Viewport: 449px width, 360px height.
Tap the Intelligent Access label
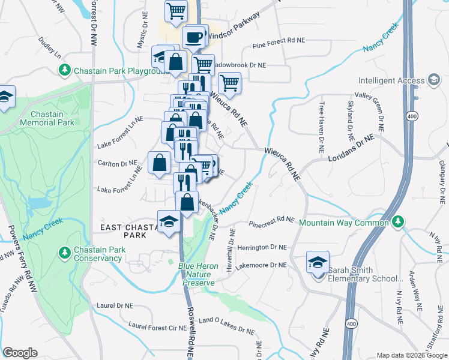(392, 81)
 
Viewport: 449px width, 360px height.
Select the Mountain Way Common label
(344, 223)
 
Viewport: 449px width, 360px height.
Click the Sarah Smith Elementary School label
(365, 274)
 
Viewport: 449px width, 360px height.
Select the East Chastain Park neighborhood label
(126, 231)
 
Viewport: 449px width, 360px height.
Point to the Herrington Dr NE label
(262, 247)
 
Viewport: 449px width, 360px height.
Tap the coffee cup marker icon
(194, 37)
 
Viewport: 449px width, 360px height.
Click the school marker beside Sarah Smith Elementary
(318, 263)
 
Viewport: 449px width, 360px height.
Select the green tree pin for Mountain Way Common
(397, 222)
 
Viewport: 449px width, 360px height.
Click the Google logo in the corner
(20, 352)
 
